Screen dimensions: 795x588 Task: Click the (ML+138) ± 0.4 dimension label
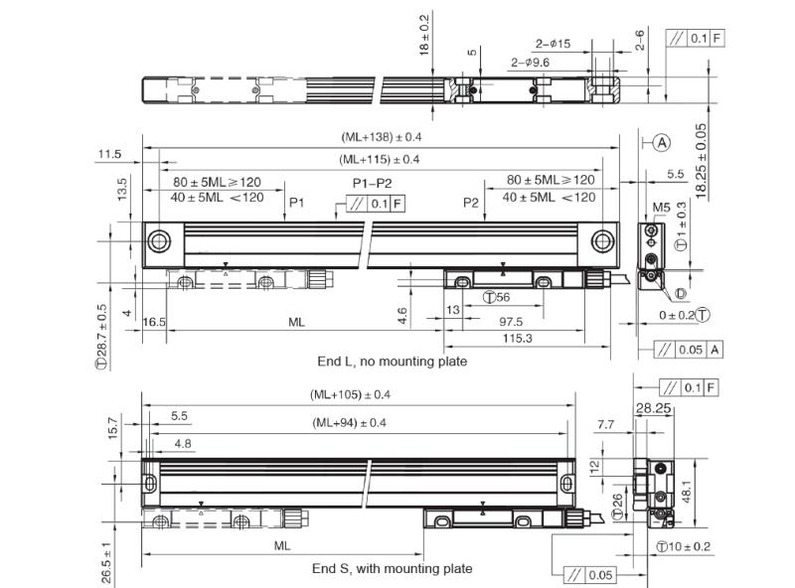(382, 137)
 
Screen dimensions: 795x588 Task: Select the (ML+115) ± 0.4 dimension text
(380, 160)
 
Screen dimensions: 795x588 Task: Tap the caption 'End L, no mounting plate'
(392, 362)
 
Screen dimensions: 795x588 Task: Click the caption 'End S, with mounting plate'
(392, 569)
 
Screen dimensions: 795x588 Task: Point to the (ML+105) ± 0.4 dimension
(351, 394)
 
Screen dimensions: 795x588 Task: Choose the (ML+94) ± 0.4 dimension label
(350, 423)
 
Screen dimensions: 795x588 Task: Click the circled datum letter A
(662, 143)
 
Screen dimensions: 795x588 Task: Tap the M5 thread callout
(661, 207)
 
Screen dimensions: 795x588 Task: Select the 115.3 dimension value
(517, 338)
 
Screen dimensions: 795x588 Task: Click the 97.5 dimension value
(511, 322)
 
